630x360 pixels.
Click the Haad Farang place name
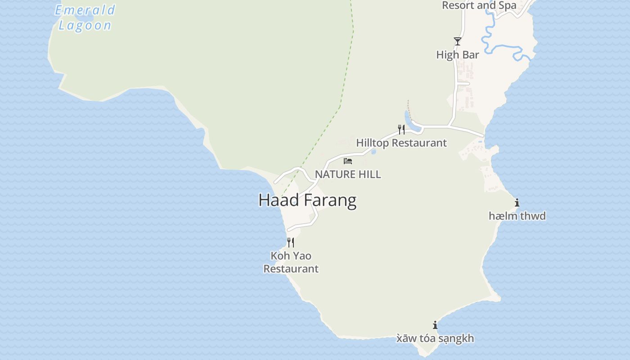click(x=307, y=200)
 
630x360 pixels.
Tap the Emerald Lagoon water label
click(x=85, y=17)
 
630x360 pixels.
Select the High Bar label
click(x=457, y=55)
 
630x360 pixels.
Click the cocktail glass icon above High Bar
click(x=457, y=41)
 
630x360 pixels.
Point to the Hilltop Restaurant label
click(x=401, y=143)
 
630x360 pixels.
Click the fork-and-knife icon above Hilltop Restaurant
click(x=401, y=130)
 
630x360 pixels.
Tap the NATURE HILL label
click(x=348, y=174)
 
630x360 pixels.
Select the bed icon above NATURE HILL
click(x=348, y=161)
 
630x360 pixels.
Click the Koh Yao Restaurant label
click(x=291, y=262)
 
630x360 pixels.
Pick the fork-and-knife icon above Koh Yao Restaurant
click(x=291, y=243)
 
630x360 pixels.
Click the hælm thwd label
click(x=517, y=216)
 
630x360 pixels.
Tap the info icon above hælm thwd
click(x=517, y=203)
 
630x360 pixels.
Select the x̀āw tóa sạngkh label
click(x=435, y=338)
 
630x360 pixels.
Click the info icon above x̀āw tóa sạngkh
click(x=435, y=325)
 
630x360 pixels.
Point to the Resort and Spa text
click(x=479, y=6)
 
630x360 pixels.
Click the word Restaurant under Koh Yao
click(x=291, y=269)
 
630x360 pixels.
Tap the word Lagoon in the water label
click(x=85, y=25)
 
